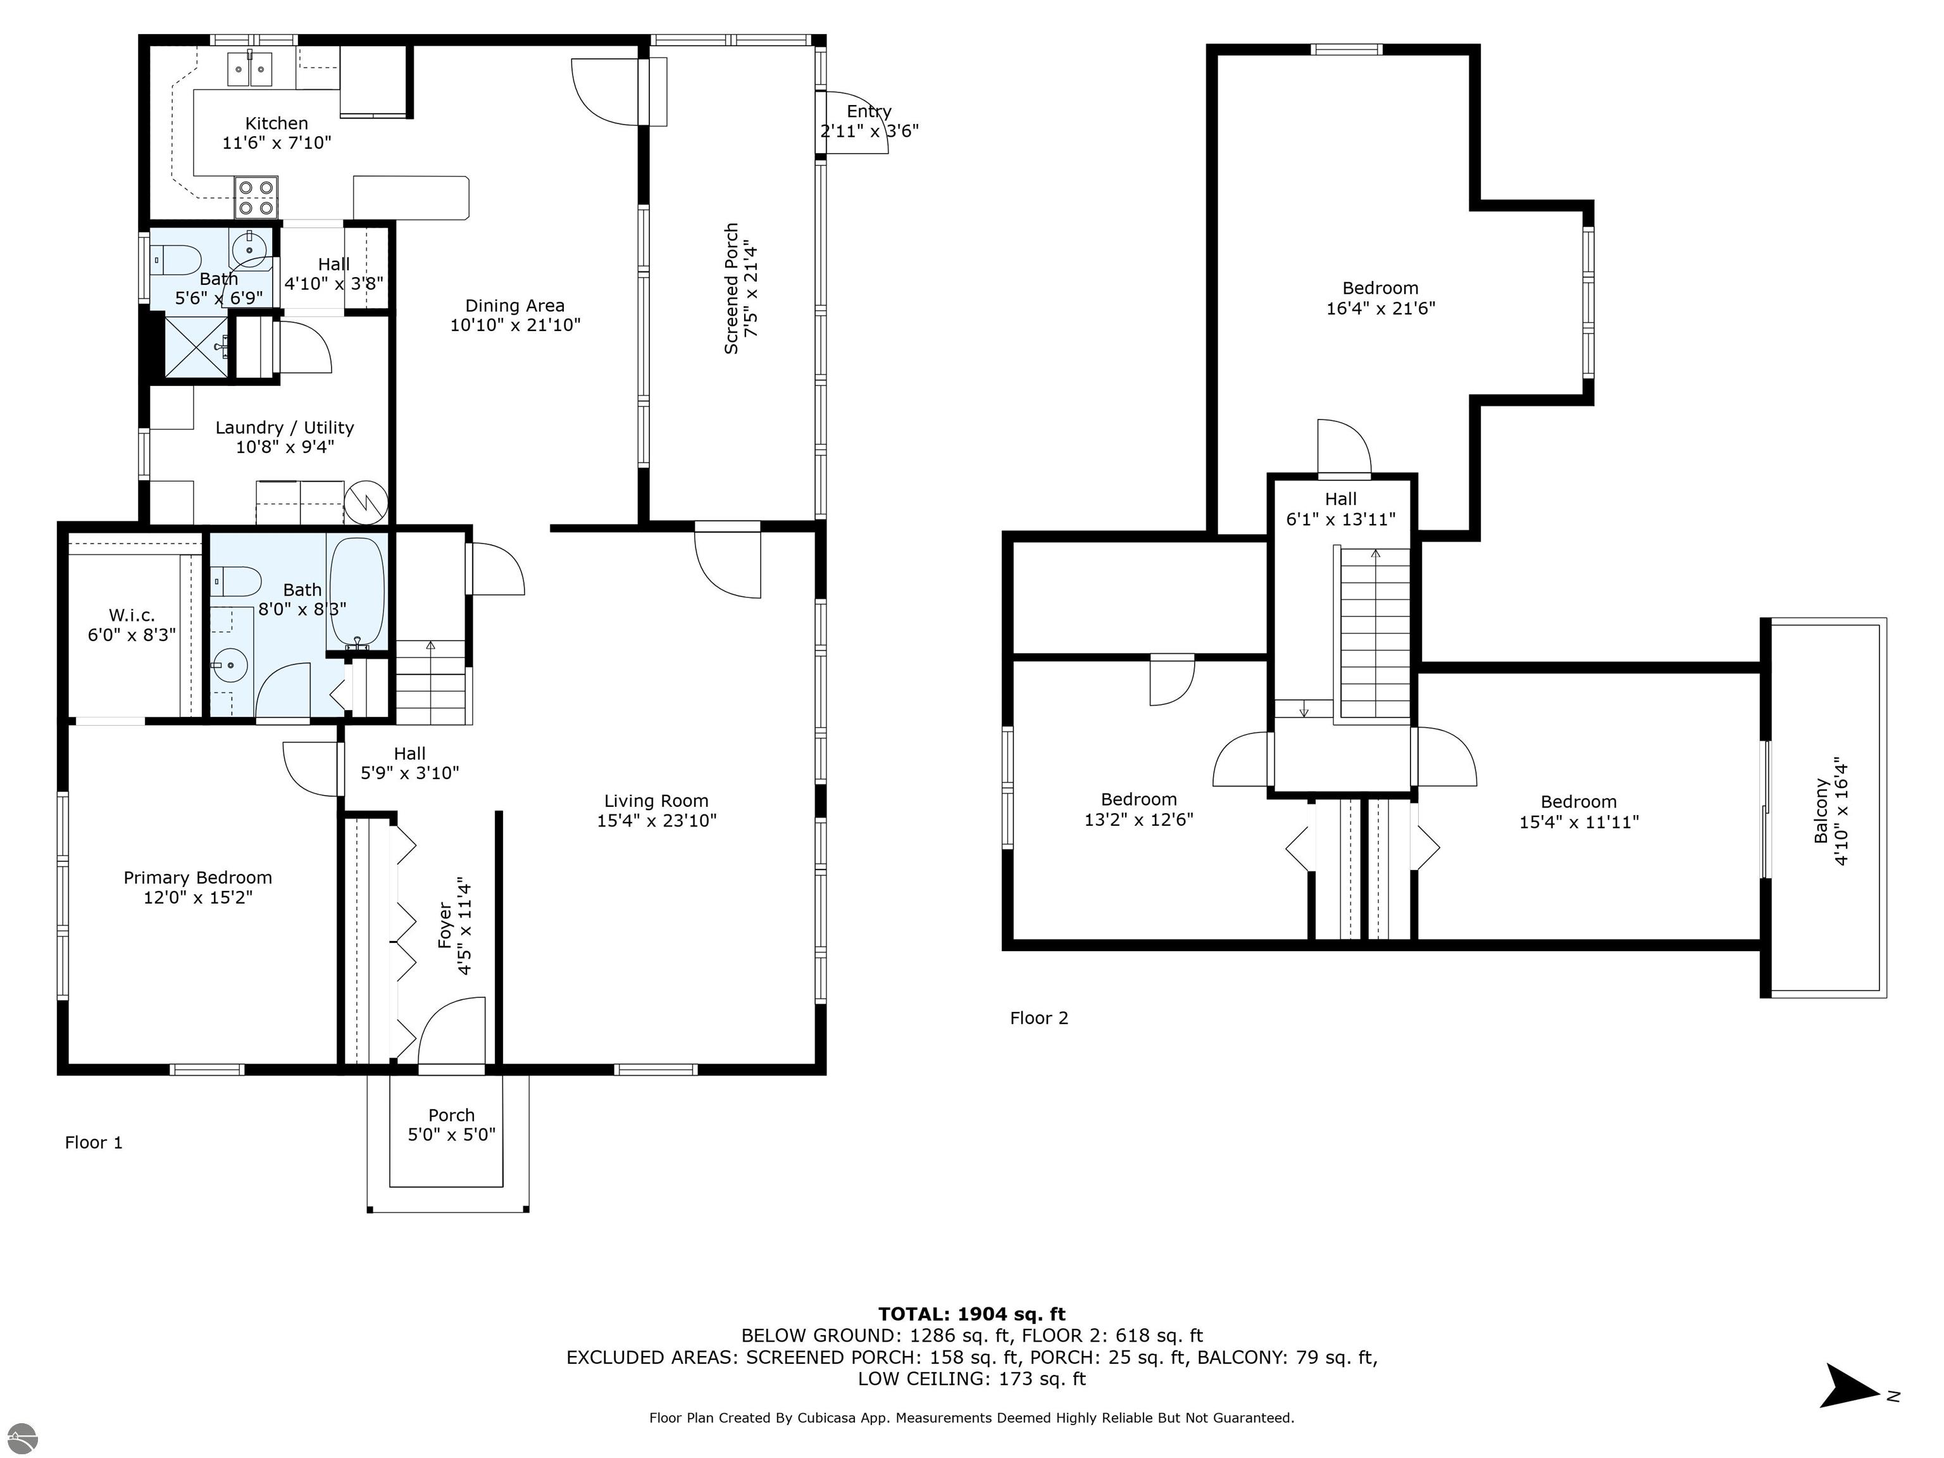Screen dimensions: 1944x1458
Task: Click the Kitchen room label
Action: click(x=276, y=123)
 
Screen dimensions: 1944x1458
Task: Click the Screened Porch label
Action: click(x=730, y=289)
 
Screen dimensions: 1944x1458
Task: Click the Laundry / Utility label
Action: click(x=285, y=427)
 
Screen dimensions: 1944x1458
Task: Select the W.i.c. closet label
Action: click(x=132, y=615)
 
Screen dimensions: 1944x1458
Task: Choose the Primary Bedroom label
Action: click(x=197, y=877)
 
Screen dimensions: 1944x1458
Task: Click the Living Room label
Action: click(x=656, y=801)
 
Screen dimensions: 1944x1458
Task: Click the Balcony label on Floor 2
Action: click(x=1821, y=811)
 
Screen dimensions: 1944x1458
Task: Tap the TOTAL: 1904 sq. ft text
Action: click(x=972, y=1314)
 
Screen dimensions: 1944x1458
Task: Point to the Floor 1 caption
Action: click(x=94, y=1142)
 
